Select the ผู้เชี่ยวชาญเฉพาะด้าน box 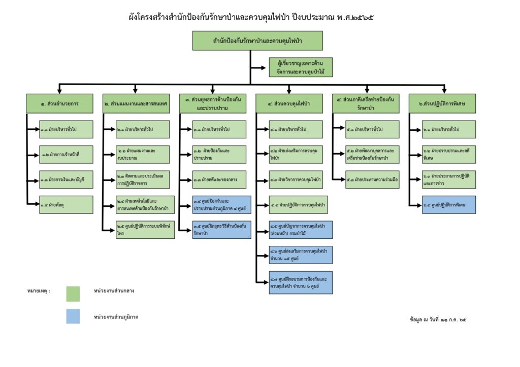click(301, 67)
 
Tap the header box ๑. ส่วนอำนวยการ click(60, 103)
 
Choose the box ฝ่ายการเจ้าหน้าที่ click(66, 154)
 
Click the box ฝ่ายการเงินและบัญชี click(66, 179)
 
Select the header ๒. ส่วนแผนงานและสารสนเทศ click(136, 103)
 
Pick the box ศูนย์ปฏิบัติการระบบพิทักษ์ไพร click(143, 230)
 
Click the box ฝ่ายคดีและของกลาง click(219, 179)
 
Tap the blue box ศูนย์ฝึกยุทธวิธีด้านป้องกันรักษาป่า click(219, 230)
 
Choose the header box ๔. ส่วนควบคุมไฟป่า click(289, 103)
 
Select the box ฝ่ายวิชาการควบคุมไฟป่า click(296, 179)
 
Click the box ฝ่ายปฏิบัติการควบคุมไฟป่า click(296, 204)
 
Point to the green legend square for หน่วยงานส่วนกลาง click(73, 294)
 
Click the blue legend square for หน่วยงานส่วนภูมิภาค click(73, 316)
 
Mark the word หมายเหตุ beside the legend click(39, 291)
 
